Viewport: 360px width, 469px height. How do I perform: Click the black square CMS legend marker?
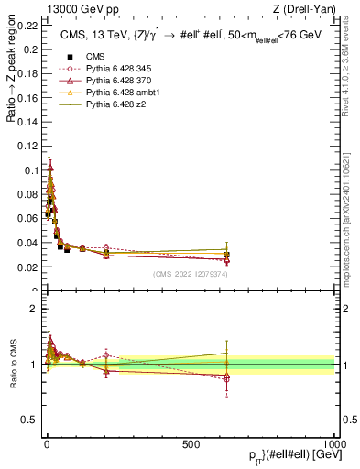point(70,57)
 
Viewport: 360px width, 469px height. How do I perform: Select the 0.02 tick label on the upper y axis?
point(31,267)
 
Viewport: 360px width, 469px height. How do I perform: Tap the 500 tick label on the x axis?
point(191,442)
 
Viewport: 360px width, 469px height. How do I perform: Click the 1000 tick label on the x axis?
point(333,442)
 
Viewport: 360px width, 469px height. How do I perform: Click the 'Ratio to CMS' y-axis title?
point(11,365)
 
